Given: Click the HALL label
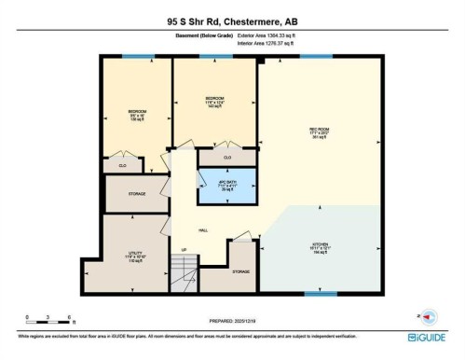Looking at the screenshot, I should click(202, 229).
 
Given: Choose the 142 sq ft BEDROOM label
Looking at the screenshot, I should click(215, 101).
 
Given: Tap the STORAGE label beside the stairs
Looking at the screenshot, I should click(240, 271).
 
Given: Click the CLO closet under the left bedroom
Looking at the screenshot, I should click(122, 165).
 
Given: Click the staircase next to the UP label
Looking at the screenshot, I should click(189, 273).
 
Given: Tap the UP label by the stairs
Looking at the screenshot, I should click(184, 249).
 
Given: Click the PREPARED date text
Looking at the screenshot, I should click(231, 316).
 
